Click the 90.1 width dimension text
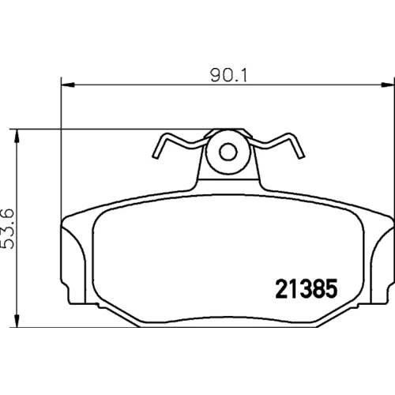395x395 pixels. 228,75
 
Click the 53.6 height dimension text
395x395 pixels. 7,228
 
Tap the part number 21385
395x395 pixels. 307,288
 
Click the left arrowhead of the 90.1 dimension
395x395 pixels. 68,85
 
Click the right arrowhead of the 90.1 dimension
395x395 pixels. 388,85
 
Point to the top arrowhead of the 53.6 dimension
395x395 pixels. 17,136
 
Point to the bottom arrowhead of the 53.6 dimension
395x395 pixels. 17,321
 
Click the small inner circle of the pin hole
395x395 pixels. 228,152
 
